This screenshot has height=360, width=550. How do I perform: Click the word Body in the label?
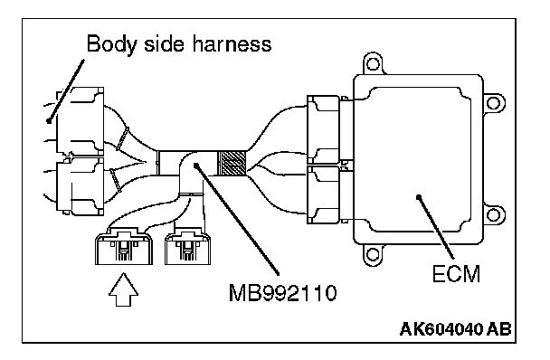pos(110,44)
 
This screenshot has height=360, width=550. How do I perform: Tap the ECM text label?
pos(456,274)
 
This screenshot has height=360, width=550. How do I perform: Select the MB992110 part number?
pos(282,293)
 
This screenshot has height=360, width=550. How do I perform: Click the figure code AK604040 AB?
pos(455,329)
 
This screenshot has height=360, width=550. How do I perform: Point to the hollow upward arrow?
pos(123,289)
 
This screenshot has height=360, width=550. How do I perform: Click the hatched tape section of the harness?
pos(232,163)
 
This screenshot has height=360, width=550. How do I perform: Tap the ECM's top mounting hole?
pos(373,64)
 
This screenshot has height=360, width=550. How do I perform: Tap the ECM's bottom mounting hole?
pos(373,254)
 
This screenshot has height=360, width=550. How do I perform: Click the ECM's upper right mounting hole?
pos(493,103)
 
